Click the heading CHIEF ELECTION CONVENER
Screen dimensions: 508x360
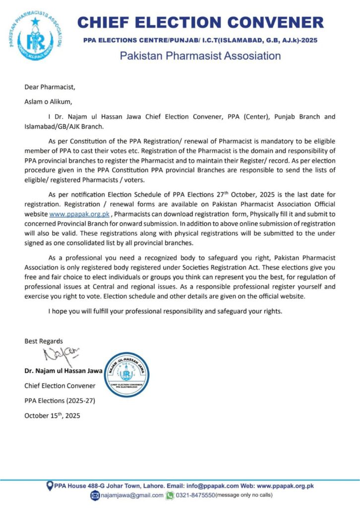[200, 22]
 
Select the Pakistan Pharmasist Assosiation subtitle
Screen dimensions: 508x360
[200, 56]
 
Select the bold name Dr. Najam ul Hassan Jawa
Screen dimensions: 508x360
[63, 371]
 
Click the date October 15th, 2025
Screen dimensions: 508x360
[52, 415]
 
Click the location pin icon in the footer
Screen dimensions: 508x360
[50, 486]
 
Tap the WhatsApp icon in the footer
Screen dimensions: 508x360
[170, 495]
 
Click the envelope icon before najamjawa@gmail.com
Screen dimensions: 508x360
[96, 495]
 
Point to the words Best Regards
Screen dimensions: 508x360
[44, 341]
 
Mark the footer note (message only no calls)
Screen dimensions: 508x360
[243, 495]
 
